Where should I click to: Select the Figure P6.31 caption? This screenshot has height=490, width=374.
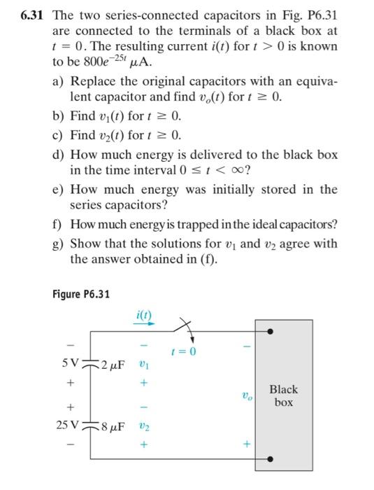coord(81,293)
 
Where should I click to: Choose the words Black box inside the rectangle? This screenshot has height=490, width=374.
coord(283,396)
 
